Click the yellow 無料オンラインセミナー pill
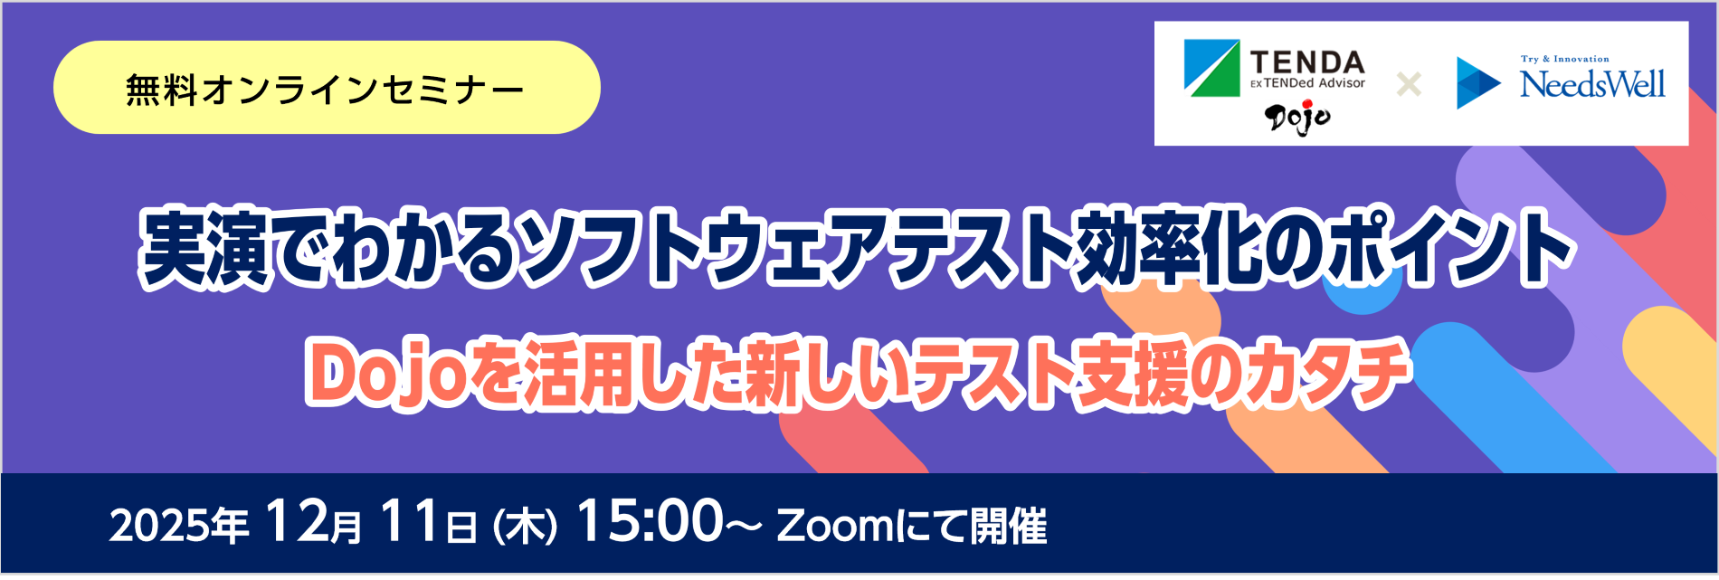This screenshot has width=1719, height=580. pos(327,89)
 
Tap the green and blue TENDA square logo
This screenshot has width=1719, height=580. pos(1211,68)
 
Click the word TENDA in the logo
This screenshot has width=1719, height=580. pos(1307,62)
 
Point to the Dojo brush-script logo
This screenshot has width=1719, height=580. pos(1297,117)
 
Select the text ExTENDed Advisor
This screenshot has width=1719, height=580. pos(1307,83)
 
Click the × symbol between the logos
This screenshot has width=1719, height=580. pos(1409,85)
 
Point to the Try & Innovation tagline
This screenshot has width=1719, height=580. pos(1564,59)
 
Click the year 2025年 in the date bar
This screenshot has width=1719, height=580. pos(178,525)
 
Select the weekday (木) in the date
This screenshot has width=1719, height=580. pos(525,526)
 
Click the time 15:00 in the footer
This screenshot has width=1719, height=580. pos(650,522)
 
